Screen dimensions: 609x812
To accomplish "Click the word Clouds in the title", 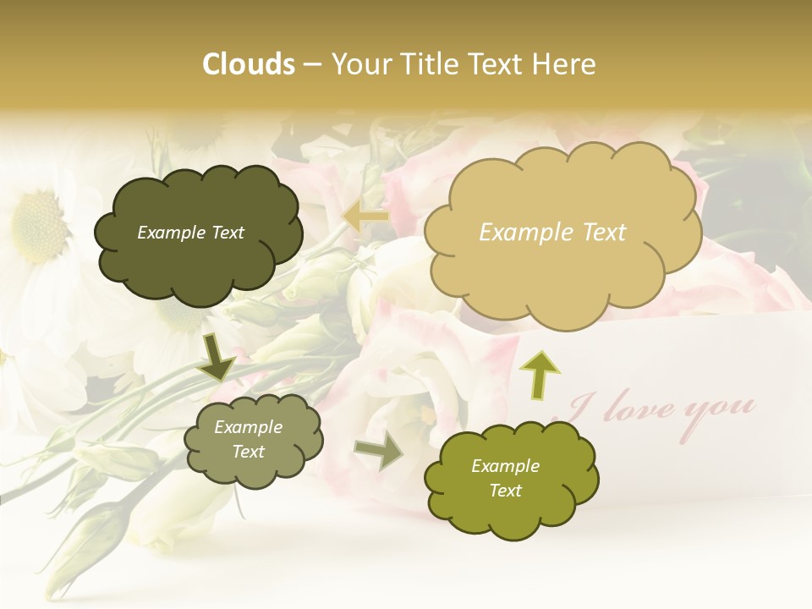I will [249, 64].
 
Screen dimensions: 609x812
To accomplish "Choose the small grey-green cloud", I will [252, 439].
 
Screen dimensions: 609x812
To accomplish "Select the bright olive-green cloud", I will [511, 479].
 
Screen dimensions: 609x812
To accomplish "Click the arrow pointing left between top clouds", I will [365, 217].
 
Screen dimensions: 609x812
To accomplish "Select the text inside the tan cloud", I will [552, 233].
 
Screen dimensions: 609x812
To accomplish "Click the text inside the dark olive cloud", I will [190, 233].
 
